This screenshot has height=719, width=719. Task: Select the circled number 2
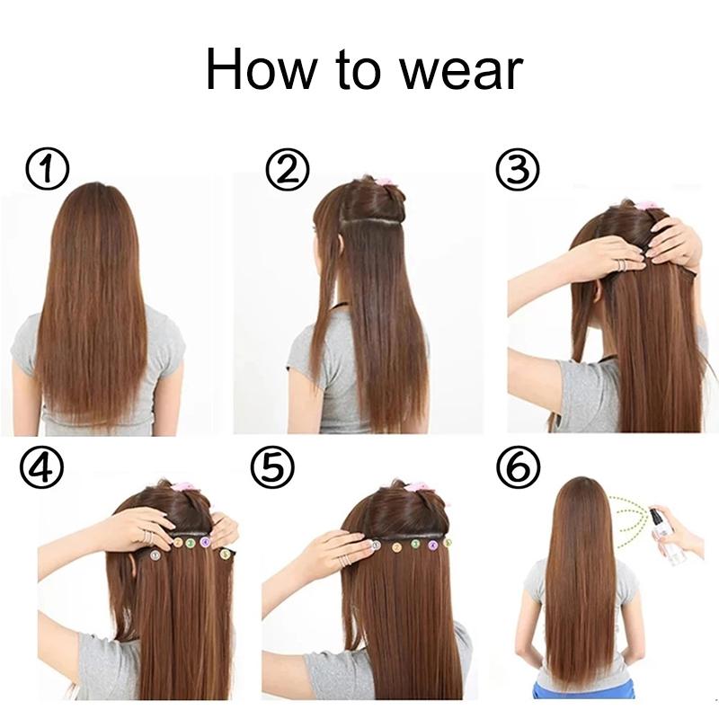(288, 171)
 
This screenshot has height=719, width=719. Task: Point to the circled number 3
(519, 171)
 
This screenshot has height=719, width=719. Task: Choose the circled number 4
(44, 469)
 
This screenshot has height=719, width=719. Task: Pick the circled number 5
(271, 469)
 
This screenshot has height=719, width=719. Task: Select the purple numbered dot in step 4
(205, 542)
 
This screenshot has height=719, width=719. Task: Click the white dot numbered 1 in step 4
(154, 555)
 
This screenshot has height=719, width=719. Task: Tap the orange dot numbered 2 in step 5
(396, 545)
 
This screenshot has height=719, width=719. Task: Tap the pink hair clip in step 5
(416, 487)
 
